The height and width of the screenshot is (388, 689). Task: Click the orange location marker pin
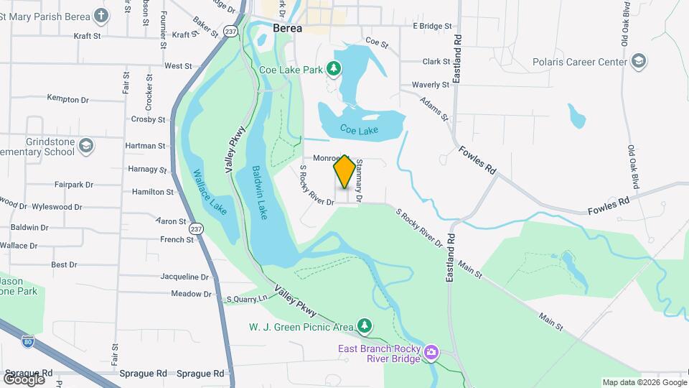[344, 172]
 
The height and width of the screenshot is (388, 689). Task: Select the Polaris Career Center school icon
[638, 63]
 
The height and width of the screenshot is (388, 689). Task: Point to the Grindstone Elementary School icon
[86, 146]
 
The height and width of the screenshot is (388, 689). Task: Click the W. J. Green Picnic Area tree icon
[365, 327]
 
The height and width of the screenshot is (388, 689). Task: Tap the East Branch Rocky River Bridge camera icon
[431, 351]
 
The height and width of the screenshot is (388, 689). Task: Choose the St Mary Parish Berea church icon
[102, 15]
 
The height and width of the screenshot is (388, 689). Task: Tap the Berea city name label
[287, 29]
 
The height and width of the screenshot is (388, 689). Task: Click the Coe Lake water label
[359, 130]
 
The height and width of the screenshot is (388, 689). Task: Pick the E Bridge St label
[433, 26]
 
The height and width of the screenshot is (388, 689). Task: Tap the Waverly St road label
[431, 85]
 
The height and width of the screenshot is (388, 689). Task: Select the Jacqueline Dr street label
[184, 277]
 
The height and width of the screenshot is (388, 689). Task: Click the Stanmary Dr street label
[360, 180]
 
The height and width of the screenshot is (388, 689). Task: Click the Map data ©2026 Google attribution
[644, 382]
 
